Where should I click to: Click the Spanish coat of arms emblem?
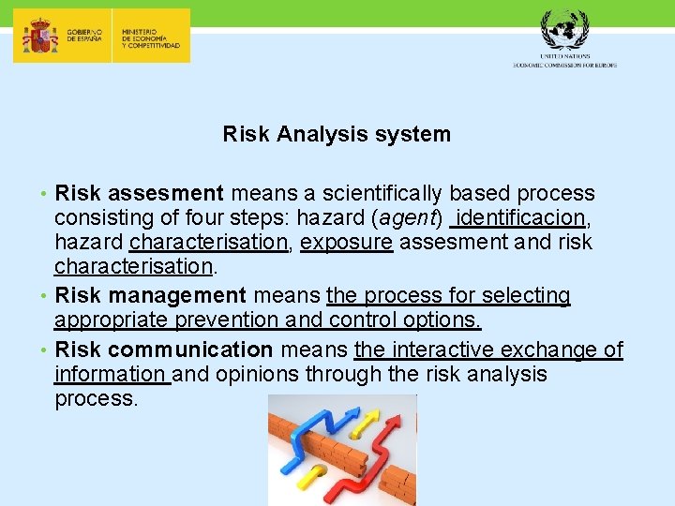point(38,37)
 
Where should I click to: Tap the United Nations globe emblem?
point(564,33)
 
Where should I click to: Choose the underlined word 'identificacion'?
point(522,217)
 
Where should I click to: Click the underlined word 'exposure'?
point(346,242)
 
